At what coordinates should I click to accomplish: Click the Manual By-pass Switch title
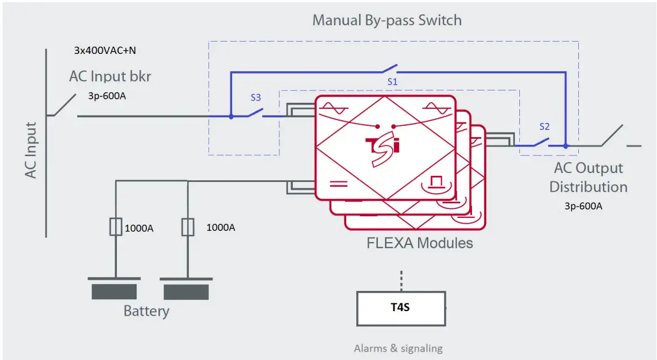click(387, 21)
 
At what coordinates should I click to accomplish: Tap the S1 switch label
click(392, 82)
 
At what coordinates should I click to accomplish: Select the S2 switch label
click(544, 126)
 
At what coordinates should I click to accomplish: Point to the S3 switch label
click(256, 97)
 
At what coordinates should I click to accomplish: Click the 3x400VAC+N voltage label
click(105, 51)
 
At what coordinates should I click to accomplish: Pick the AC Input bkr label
click(110, 76)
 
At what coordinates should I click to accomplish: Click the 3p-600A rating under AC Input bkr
click(107, 95)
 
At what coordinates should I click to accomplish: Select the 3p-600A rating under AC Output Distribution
click(583, 206)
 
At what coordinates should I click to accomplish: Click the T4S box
click(401, 308)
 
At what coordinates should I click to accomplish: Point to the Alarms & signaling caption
click(398, 349)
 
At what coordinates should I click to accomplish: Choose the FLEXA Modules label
click(419, 243)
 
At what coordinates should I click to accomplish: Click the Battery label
click(146, 311)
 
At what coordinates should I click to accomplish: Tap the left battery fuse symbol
click(115, 227)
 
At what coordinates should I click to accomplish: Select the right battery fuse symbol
click(188, 227)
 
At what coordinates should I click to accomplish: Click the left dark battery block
click(114, 291)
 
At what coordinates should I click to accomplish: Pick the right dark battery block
click(186, 292)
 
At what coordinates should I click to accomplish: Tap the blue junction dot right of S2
click(565, 146)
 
